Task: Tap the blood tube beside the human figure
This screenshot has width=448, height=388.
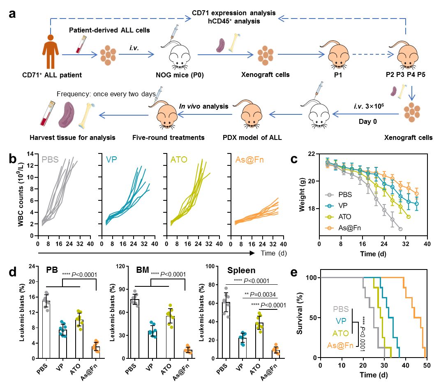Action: [x=80, y=44]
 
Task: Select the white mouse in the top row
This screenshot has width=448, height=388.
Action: [x=180, y=55]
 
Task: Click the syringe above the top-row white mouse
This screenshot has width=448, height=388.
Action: [x=174, y=32]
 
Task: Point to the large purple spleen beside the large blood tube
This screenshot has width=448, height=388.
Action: [x=67, y=115]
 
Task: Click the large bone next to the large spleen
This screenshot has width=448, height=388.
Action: [x=87, y=116]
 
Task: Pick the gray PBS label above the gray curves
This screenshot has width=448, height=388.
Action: [x=50, y=160]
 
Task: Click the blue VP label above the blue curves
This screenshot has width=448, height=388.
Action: [x=111, y=160]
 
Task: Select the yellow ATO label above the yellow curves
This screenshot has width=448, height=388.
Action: [x=179, y=160]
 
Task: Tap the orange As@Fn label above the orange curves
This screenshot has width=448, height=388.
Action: [x=249, y=160]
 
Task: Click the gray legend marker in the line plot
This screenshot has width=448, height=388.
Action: [x=329, y=195]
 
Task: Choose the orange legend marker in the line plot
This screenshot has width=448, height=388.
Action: [x=329, y=228]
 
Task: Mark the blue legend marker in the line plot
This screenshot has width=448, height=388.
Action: [x=329, y=206]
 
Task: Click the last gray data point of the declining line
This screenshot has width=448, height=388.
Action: [x=400, y=229]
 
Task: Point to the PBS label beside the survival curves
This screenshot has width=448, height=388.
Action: [x=341, y=309]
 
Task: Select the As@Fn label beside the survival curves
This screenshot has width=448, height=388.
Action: [x=340, y=345]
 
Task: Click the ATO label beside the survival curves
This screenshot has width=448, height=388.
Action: [x=341, y=333]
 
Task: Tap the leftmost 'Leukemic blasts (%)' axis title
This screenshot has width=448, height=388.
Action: [x=21, y=312]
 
